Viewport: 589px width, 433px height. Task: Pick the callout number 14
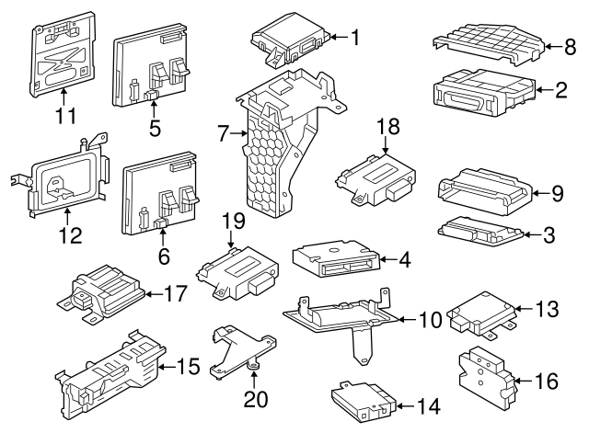429,405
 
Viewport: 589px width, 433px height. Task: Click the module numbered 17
104,290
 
